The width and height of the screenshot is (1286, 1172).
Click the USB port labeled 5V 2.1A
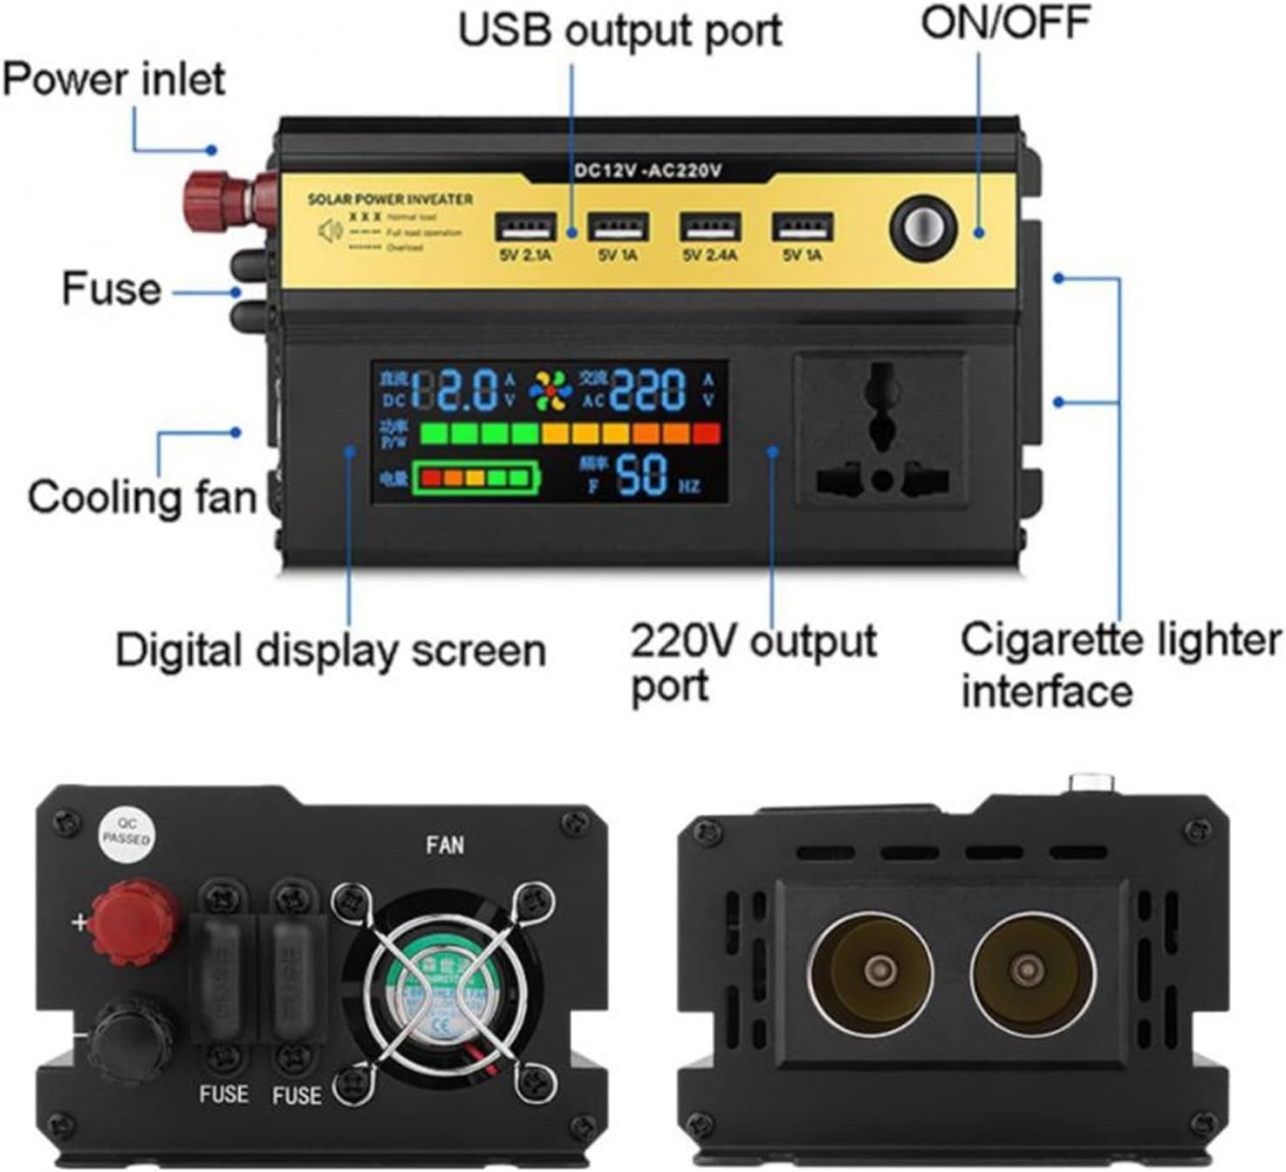click(525, 227)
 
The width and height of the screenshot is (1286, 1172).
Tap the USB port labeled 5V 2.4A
click(710, 227)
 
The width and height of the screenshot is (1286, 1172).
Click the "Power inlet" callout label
click(113, 79)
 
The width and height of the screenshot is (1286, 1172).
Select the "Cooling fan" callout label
click(142, 497)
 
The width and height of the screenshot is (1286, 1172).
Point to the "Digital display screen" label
click(331, 651)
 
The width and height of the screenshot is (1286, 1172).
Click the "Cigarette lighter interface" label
click(1121, 665)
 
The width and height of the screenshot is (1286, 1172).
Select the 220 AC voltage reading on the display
click(648, 389)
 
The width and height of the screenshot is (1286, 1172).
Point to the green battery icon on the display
click(475, 477)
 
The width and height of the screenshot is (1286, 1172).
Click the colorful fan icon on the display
click(551, 390)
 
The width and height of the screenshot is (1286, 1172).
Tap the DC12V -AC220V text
click(648, 170)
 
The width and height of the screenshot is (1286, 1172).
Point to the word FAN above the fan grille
click(445, 845)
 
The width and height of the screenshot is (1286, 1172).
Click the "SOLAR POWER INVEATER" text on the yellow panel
click(390, 199)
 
